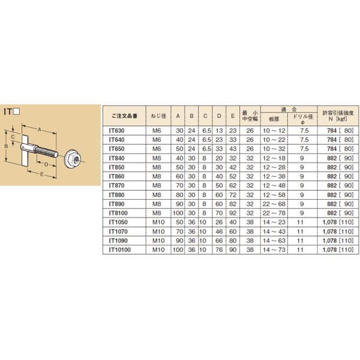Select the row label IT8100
120,212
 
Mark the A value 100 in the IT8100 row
177,212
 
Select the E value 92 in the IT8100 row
233,212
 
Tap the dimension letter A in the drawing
40,129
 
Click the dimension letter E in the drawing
40,176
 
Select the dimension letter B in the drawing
7,145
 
